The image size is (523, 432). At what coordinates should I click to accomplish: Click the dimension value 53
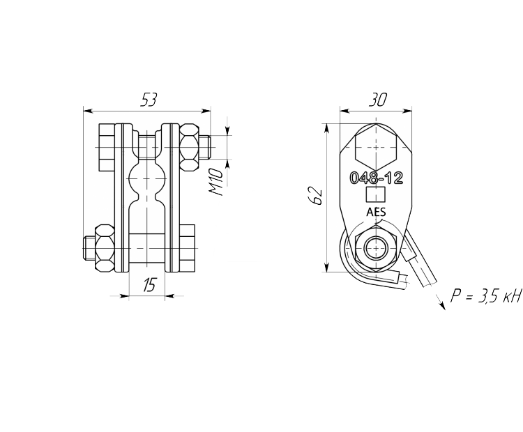(x=148, y=100)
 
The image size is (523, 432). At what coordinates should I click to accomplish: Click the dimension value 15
(x=149, y=285)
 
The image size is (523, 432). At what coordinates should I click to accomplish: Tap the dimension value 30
(x=377, y=100)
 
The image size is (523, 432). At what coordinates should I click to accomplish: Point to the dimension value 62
(x=315, y=196)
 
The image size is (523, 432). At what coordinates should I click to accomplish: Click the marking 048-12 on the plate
(x=377, y=178)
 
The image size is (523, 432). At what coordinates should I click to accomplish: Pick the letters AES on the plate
(x=376, y=212)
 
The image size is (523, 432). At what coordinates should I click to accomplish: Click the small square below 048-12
(x=376, y=194)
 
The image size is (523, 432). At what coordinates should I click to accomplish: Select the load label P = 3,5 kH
(x=485, y=295)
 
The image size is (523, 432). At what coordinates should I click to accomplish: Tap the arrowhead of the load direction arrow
(x=442, y=306)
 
